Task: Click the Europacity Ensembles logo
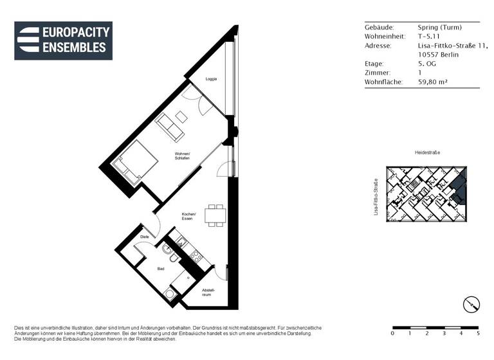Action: coord(64,40)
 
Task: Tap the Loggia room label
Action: coord(211,79)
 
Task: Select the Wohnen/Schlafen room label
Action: coord(182,156)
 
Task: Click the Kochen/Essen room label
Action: coord(188,216)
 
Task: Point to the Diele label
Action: coord(144,237)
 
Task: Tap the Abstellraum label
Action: coord(208,293)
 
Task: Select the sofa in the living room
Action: coord(171,126)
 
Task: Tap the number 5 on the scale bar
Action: coord(478,334)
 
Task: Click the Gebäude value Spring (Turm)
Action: coord(440,28)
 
